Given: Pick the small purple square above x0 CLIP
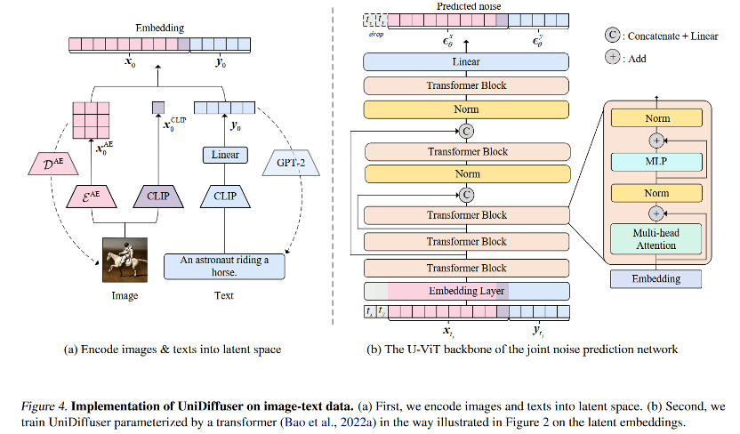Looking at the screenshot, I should pos(158,108).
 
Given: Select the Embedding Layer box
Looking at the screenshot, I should pos(466,291).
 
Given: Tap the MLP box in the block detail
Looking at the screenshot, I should pos(656,163).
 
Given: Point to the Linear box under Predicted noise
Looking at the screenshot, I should pos(466,61).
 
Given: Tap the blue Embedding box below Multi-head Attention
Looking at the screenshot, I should pos(656,278).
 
